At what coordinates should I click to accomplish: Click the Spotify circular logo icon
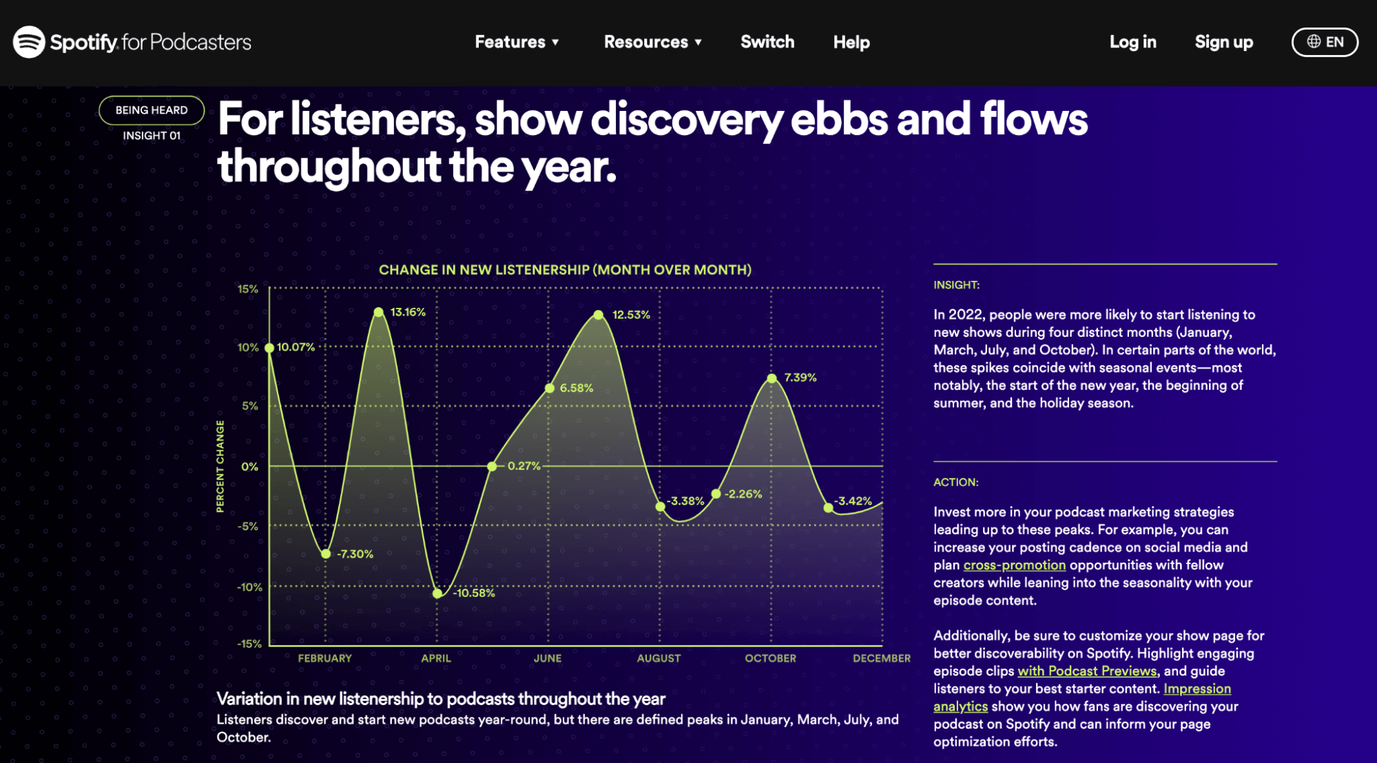click(29, 42)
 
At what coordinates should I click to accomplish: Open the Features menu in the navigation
click(517, 42)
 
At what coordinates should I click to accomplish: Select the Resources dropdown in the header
click(653, 42)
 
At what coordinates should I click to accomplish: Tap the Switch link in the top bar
click(767, 42)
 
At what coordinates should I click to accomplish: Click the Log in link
click(1132, 42)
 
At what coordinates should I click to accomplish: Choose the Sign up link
click(1223, 42)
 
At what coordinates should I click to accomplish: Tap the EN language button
click(1325, 42)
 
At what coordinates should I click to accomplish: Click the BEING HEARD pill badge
click(152, 110)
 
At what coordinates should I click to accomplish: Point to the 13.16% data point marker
click(379, 313)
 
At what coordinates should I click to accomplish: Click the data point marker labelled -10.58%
click(437, 594)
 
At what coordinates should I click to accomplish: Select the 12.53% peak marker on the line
click(599, 315)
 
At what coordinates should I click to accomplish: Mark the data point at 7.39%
click(772, 378)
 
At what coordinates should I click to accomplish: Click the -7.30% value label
click(355, 554)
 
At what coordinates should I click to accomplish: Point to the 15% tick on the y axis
click(248, 289)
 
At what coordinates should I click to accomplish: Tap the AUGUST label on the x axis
click(659, 658)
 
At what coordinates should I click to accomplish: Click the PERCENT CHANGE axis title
click(220, 466)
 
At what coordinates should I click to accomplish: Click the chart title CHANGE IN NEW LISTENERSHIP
click(565, 270)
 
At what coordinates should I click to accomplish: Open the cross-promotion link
click(1014, 565)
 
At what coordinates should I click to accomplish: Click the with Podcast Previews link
click(1087, 671)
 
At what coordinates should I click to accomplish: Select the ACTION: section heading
click(956, 482)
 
